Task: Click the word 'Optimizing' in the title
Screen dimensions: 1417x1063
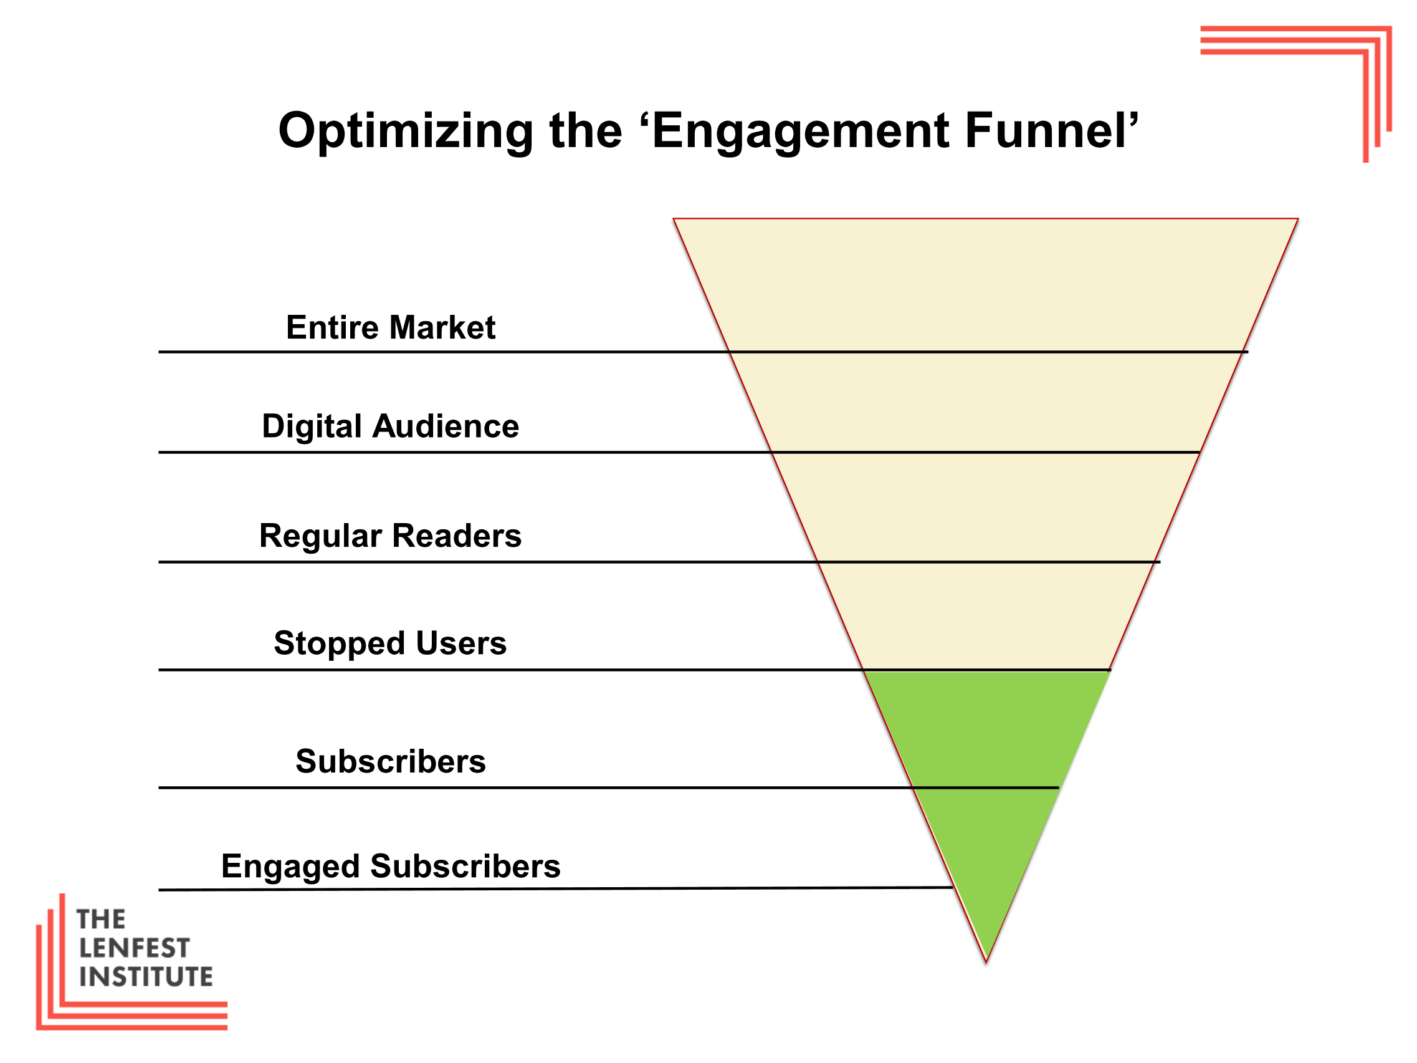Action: tap(406, 132)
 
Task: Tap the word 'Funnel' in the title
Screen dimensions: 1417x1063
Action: tap(1046, 131)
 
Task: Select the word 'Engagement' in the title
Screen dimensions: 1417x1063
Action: tap(801, 132)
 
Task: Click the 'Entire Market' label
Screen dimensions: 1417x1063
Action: tap(391, 327)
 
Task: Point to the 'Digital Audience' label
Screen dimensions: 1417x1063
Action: tap(391, 426)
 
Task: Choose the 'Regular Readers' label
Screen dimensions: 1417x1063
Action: tap(391, 536)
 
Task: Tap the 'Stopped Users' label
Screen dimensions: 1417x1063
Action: tap(391, 643)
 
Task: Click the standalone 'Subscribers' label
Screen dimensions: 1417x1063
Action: tap(391, 761)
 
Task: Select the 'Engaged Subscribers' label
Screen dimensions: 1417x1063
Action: tap(391, 867)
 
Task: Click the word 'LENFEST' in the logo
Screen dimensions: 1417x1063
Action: tap(135, 948)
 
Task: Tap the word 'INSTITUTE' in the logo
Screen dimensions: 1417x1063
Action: tap(146, 977)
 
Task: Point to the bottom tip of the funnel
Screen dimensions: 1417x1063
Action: tap(986, 962)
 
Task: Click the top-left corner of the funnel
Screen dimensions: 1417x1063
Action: tap(673, 219)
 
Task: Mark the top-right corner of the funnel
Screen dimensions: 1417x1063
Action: tap(1298, 219)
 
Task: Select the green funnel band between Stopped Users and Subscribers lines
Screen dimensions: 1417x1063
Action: tap(986, 729)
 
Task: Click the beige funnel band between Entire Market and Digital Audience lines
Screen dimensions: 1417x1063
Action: tap(986, 402)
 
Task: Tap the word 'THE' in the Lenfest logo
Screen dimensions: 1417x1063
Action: tap(101, 920)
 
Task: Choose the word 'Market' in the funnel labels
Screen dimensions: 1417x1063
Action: tap(442, 327)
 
